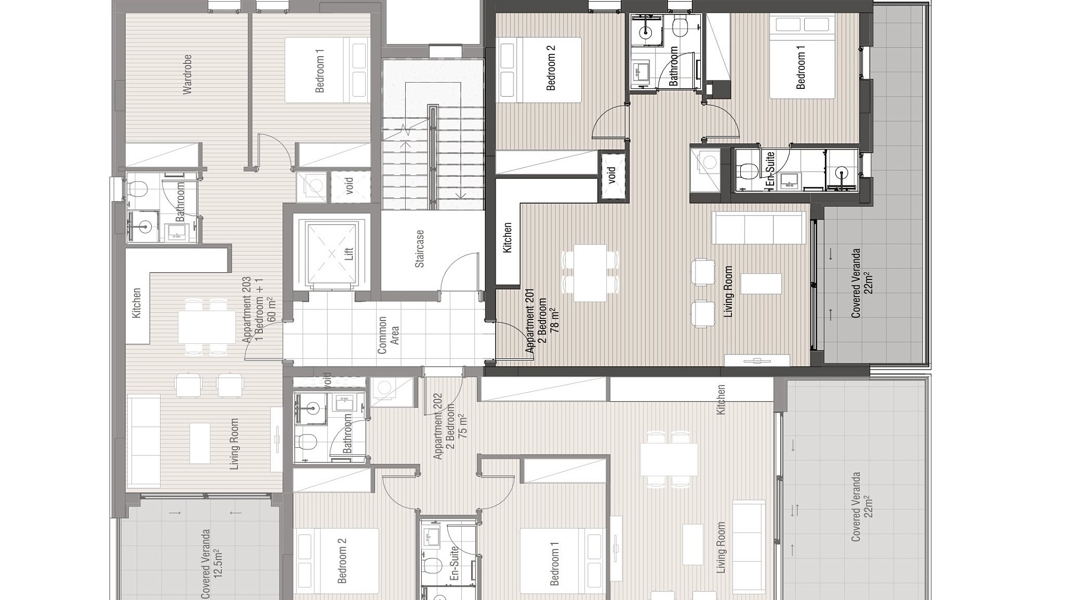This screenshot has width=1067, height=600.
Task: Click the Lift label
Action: [x=349, y=254]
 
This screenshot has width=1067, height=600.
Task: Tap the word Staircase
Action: [x=420, y=248]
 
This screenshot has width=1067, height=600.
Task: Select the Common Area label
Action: [x=388, y=335]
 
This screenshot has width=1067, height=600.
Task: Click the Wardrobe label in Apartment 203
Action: [x=187, y=74]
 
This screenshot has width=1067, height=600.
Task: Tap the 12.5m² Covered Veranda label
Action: [x=212, y=564]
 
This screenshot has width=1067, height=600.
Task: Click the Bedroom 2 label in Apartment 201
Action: [x=551, y=68]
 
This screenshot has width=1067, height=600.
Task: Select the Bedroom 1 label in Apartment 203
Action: [x=320, y=71]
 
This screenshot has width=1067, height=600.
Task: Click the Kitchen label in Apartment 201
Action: [x=507, y=238]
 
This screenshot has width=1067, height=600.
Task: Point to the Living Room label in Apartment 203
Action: [x=234, y=444]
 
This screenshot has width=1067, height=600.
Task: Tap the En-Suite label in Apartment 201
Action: [x=770, y=169]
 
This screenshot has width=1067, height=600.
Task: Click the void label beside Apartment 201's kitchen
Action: [x=612, y=175]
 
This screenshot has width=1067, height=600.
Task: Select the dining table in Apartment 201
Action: [x=590, y=273]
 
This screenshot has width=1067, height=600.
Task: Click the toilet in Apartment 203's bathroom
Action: [x=137, y=189]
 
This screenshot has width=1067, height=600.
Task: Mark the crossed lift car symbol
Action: [x=332, y=254]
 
